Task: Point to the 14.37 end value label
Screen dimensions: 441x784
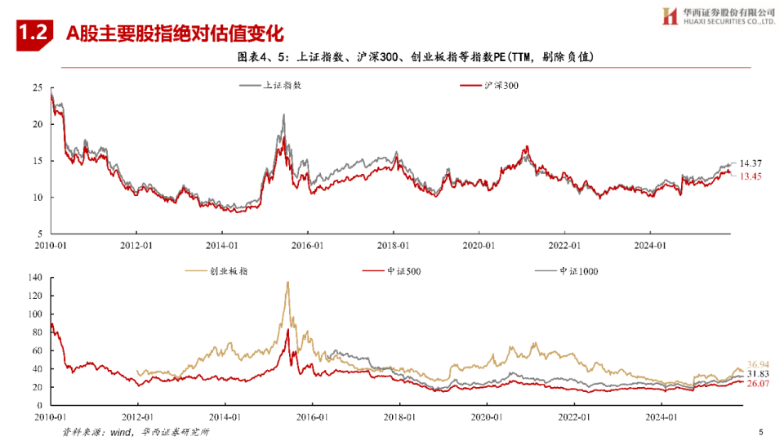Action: (751, 164)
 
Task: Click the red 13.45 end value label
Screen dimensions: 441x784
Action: (751, 176)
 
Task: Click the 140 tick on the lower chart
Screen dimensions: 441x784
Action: (34, 278)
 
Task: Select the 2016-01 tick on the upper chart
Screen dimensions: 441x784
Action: (306, 244)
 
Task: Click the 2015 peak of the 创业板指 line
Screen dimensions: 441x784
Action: (287, 283)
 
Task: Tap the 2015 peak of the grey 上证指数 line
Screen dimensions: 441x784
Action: (283, 115)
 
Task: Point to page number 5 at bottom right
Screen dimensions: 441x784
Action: (760, 432)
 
